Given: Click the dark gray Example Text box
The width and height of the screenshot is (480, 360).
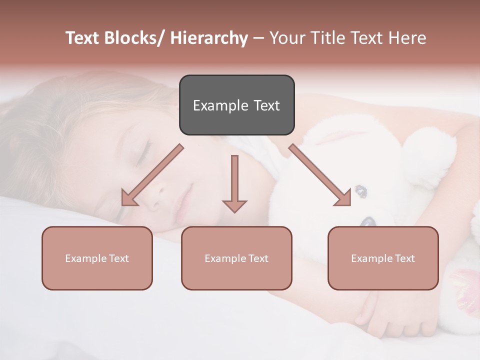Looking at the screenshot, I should tap(236, 105).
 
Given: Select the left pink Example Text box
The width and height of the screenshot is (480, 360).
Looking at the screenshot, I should tap(97, 258).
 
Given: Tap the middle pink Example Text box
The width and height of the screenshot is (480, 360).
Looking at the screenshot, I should tap(236, 258).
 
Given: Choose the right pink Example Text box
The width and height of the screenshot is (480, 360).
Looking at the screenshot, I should tap(383, 258).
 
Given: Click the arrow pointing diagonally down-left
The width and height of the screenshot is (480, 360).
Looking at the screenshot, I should tap(152, 175).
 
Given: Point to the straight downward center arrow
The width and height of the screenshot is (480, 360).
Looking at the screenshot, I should tap(234, 182).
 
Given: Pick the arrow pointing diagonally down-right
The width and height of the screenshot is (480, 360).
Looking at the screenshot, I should tap(320, 175).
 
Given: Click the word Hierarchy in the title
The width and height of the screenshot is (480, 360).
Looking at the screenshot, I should tap(209, 38).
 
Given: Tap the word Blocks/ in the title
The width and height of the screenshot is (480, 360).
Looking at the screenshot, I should tap(135, 38).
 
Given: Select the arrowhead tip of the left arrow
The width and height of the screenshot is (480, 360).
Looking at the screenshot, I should tap(123, 204).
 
